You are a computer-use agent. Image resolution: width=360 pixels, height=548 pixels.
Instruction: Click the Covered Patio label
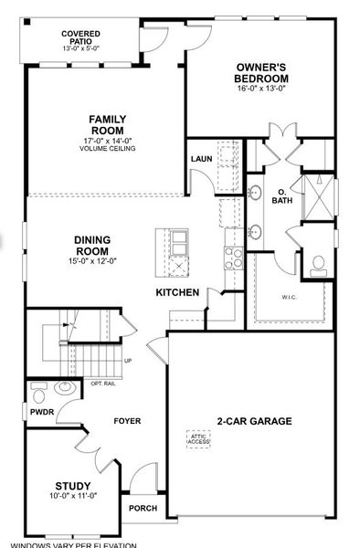[80, 38]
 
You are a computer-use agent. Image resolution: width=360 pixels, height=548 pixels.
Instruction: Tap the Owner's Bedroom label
[261, 73]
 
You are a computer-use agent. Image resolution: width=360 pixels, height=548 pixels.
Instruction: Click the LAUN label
[201, 159]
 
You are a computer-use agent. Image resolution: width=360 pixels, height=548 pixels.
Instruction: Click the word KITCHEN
[177, 292]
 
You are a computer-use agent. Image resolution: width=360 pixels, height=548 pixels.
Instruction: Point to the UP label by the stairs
[127, 361]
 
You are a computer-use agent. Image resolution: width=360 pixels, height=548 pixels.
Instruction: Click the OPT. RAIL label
[104, 383]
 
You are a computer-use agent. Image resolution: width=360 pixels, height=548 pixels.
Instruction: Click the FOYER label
[126, 421]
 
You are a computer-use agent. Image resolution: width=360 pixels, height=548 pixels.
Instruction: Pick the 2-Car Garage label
[254, 421]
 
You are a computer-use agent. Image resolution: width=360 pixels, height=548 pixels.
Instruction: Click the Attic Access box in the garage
[198, 438]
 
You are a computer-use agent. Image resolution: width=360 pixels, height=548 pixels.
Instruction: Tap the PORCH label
[143, 509]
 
